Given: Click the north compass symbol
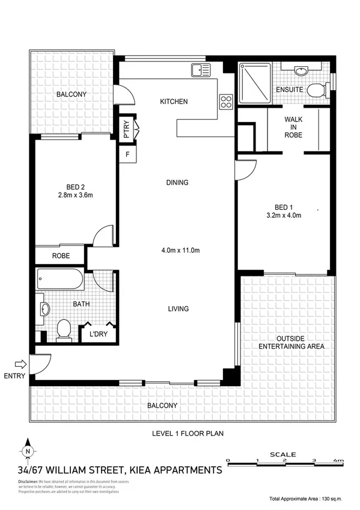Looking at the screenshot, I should tap(28, 450).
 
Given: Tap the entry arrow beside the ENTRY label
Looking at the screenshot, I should tap(20, 363).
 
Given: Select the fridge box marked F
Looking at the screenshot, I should tap(127, 155).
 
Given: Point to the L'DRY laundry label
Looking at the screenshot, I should tap(98, 334).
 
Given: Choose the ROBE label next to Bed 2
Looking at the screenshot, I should tap(61, 256).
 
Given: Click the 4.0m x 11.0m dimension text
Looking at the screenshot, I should tap(180, 251).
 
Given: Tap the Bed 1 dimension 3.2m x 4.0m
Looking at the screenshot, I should tap(284, 215).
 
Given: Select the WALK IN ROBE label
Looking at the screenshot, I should tap(293, 127).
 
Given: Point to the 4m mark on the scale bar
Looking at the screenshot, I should tap(340, 461).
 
